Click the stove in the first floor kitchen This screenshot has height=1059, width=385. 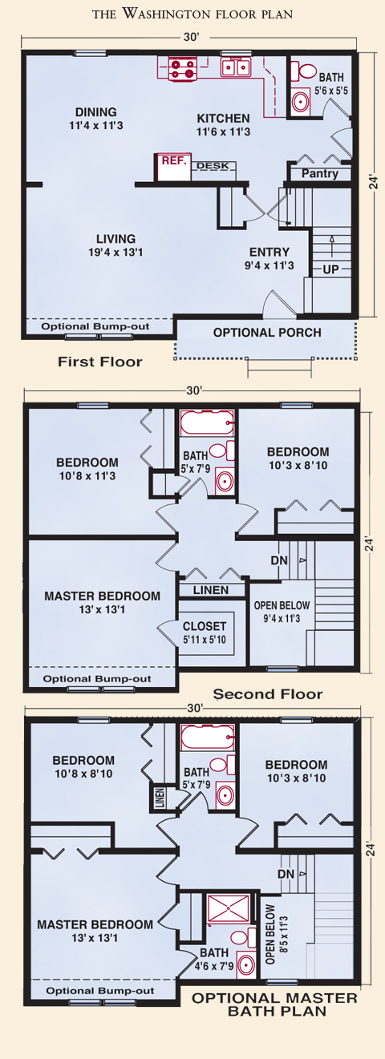pyautogui.click(x=183, y=68)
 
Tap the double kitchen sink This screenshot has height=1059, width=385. pyautogui.click(x=236, y=67)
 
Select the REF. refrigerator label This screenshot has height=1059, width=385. pyautogui.click(x=173, y=161)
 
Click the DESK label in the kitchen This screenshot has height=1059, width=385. pyautogui.click(x=213, y=166)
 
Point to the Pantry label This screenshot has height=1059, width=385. pyautogui.click(x=320, y=173)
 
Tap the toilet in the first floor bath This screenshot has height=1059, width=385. pyautogui.click(x=304, y=71)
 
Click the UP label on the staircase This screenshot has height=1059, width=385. pyautogui.click(x=330, y=269)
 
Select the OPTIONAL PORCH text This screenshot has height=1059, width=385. pyautogui.click(x=267, y=333)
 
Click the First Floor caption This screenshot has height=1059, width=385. pyautogui.click(x=99, y=362)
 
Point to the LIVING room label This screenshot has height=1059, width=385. pyautogui.click(x=115, y=239)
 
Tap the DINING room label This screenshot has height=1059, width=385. pyautogui.click(x=96, y=112)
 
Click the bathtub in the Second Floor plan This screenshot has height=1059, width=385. pyautogui.click(x=207, y=422)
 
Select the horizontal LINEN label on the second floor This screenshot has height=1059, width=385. pyautogui.click(x=211, y=590)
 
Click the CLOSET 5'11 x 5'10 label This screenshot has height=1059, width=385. pyautogui.click(x=205, y=633)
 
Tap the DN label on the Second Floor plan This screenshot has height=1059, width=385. pyautogui.click(x=279, y=560)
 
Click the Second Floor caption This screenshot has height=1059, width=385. pyautogui.click(x=268, y=694)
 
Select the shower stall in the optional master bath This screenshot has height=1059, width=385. pyautogui.click(x=229, y=908)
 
